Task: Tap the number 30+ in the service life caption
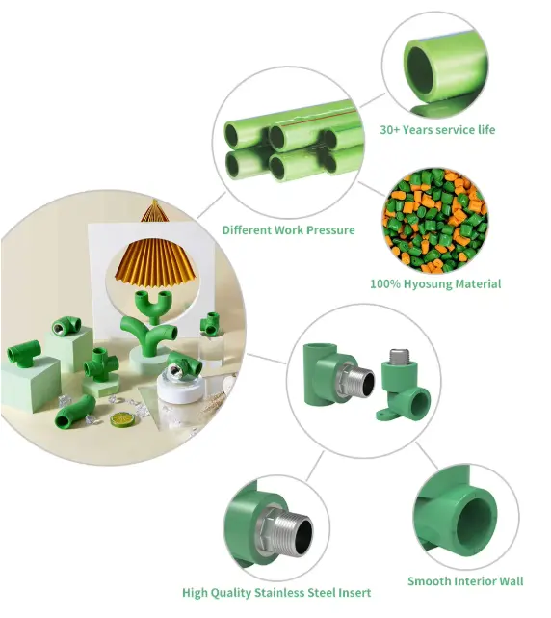pyautogui.click(x=389, y=130)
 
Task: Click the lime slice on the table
pyautogui.click(x=122, y=419)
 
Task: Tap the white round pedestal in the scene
pyautogui.click(x=179, y=388)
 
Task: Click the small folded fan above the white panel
pyautogui.click(x=155, y=211)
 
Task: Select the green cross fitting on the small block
pyautogui.click(x=101, y=365)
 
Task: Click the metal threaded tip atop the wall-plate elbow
pyautogui.click(x=398, y=357)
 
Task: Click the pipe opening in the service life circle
pyautogui.click(x=420, y=71)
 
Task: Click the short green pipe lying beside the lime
pyautogui.click(x=75, y=412)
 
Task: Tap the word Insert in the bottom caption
pyautogui.click(x=354, y=592)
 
